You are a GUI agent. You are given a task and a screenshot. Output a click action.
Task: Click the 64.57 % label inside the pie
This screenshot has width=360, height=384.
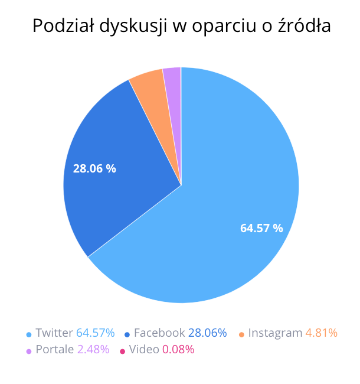pyautogui.click(x=261, y=228)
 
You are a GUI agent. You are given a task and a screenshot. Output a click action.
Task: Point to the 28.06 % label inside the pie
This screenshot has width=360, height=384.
pyautogui.click(x=94, y=168)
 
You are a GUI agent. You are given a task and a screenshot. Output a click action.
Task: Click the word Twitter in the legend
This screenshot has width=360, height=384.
pyautogui.click(x=54, y=333)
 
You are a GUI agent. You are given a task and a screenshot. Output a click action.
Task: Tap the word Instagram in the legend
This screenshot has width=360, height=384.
pyautogui.click(x=275, y=333)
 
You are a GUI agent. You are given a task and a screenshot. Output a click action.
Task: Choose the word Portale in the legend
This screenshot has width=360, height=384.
pyautogui.click(x=55, y=349)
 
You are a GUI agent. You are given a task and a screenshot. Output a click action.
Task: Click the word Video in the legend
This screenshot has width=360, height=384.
pyautogui.click(x=143, y=349)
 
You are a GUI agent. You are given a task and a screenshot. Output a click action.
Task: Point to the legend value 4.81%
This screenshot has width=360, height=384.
pyautogui.click(x=321, y=333)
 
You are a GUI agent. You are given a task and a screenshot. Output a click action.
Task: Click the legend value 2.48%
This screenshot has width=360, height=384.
pyautogui.click(x=93, y=349)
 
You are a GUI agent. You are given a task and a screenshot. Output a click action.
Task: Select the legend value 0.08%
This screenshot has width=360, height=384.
pyautogui.click(x=178, y=349)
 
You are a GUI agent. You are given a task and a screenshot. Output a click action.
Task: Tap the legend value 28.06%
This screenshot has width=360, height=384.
pyautogui.click(x=207, y=333)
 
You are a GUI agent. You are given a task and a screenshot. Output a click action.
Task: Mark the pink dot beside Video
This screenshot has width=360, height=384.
pyautogui.click(x=122, y=350)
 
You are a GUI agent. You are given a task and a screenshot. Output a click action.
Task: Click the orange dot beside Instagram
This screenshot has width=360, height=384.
pyautogui.click(x=241, y=334)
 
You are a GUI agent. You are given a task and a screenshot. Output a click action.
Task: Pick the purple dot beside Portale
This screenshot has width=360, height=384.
pyautogui.click(x=28, y=350)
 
